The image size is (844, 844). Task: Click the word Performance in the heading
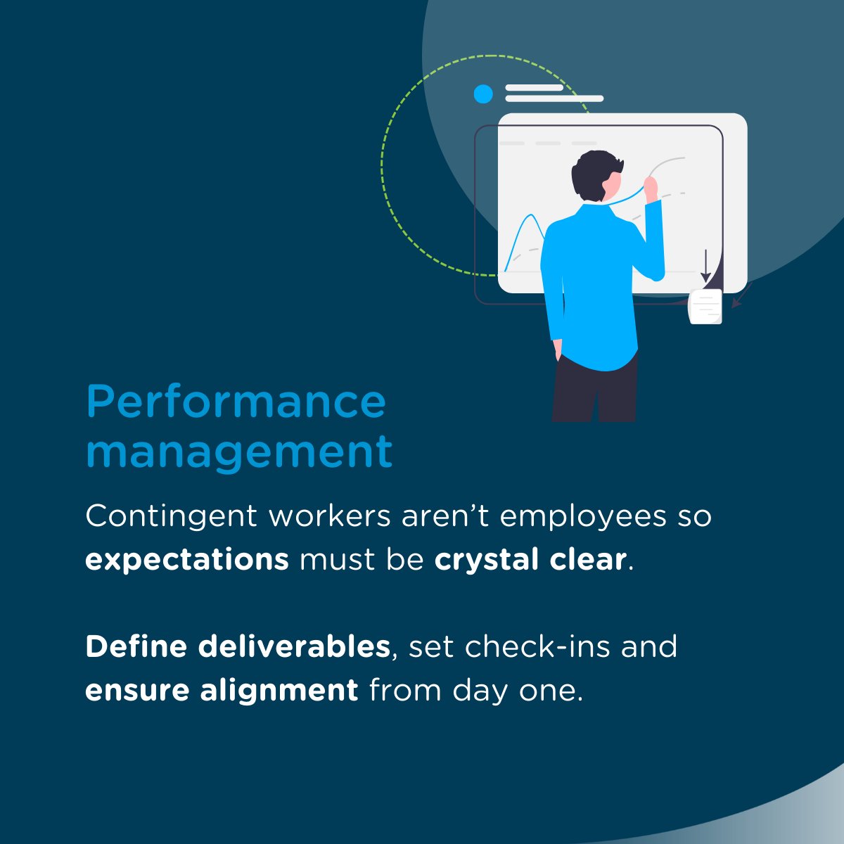point(236,402)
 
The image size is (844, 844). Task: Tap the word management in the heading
point(239,452)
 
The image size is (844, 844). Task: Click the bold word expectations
point(187,560)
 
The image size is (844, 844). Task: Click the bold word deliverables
point(294,646)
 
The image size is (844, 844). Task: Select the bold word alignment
point(279,691)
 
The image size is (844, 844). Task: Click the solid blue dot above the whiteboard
point(483,94)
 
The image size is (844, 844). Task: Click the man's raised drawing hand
point(651,186)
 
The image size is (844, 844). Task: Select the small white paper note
point(705,306)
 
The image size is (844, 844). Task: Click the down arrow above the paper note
point(705,267)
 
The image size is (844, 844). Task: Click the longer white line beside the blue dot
point(554,99)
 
